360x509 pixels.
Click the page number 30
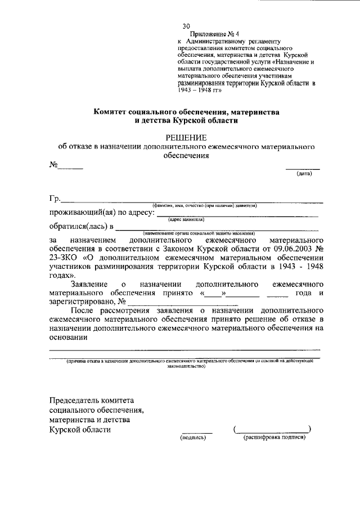[x=186, y=26]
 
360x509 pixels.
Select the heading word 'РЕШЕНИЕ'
[x=185, y=138]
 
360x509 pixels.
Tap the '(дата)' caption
[x=304, y=173]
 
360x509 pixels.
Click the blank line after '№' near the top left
[x=71, y=167]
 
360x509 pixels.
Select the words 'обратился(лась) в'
[x=81, y=227]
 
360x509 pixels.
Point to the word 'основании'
[x=69, y=337]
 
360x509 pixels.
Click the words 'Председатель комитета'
[x=91, y=400]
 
